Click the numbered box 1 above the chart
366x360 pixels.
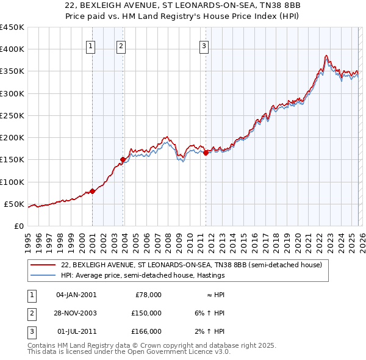pyautogui.click(x=90, y=45)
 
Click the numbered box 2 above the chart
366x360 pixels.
pyautogui.click(x=121, y=45)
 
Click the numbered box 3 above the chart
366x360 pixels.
pyautogui.click(x=204, y=45)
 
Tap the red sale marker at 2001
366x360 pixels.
pyautogui.click(x=93, y=191)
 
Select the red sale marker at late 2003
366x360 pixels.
pyautogui.click(x=123, y=160)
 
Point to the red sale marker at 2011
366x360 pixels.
pyautogui.click(x=206, y=153)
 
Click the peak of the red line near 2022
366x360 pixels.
pyautogui.click(x=326, y=56)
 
